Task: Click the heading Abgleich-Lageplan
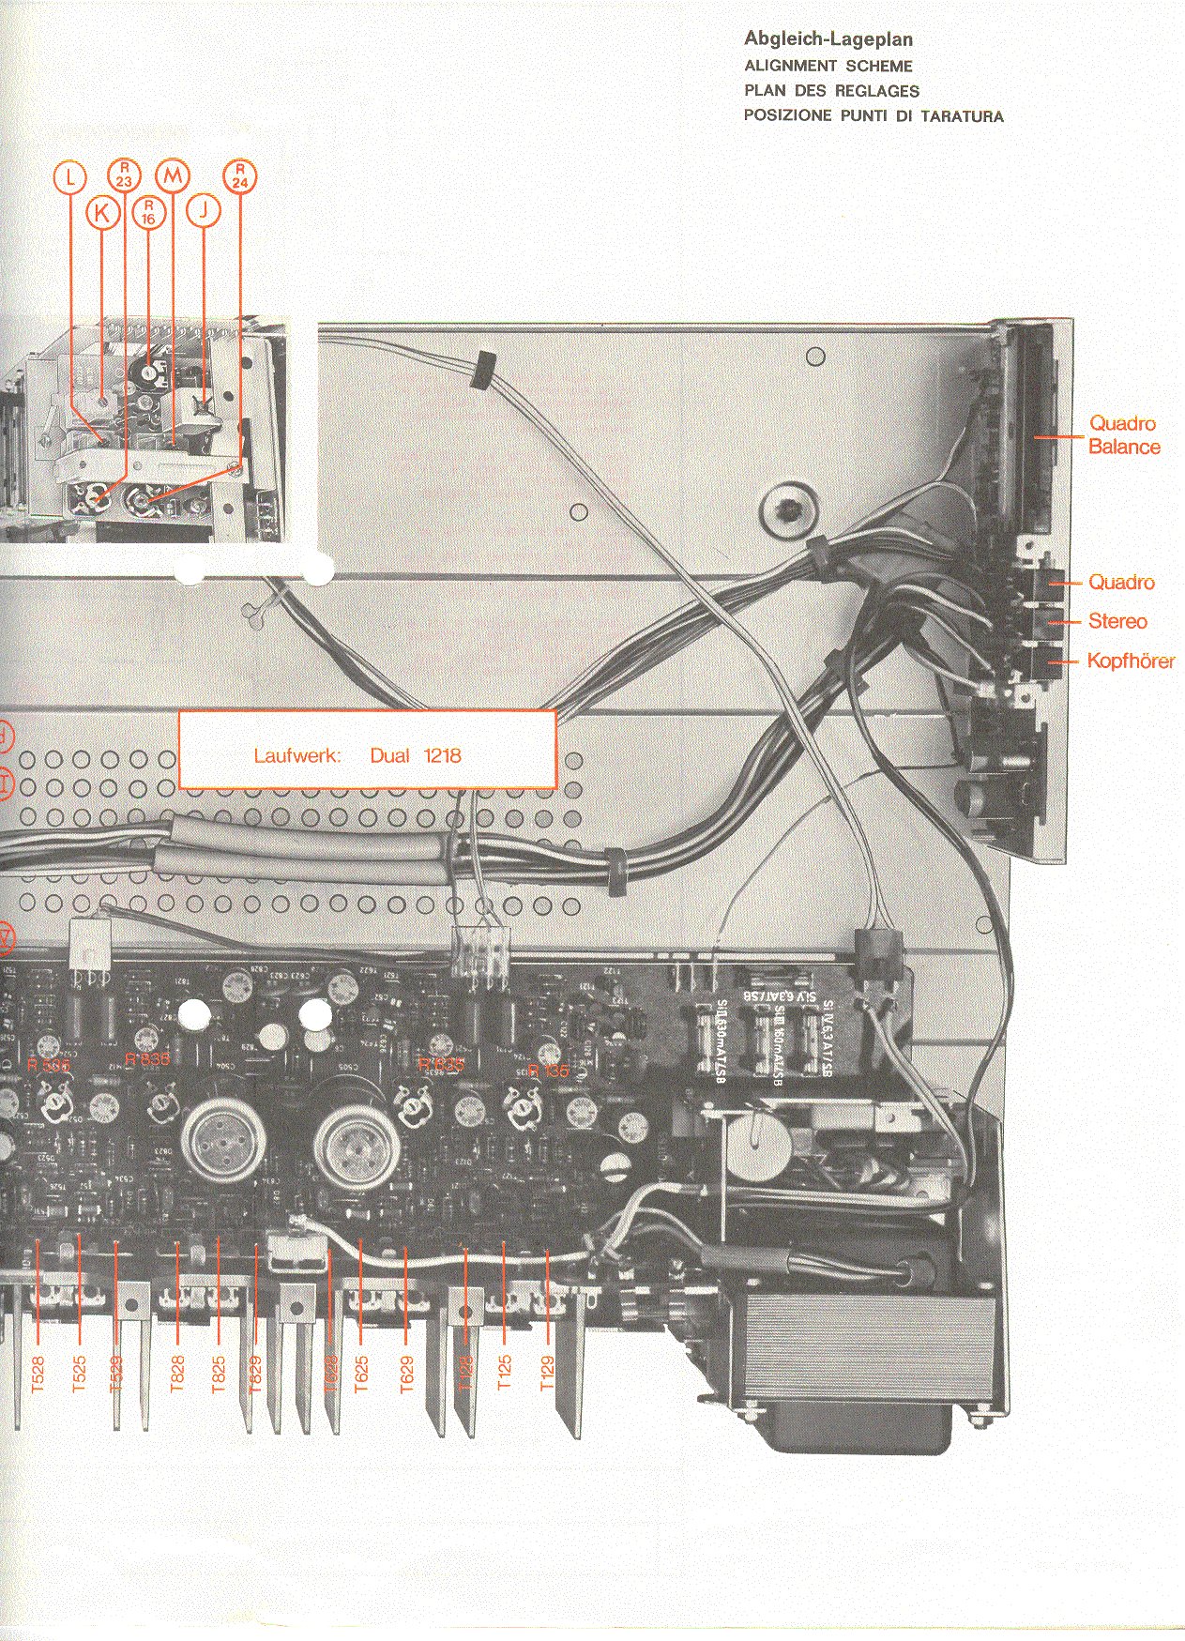(x=828, y=39)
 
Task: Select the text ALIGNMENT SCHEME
(x=828, y=66)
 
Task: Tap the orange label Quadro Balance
(x=1123, y=435)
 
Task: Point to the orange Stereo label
(x=1117, y=621)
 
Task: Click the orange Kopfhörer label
(x=1130, y=661)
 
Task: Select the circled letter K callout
(x=102, y=213)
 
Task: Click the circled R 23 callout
(x=125, y=175)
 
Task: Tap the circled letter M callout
(x=173, y=175)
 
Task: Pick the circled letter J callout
(x=204, y=210)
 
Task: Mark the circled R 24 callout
(x=240, y=176)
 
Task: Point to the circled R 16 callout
(x=148, y=212)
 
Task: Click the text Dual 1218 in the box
(x=415, y=756)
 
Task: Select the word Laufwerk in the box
(x=296, y=756)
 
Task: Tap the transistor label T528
(x=38, y=1374)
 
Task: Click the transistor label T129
(x=547, y=1374)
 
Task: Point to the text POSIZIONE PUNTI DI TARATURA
(x=873, y=116)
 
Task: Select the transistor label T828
(x=177, y=1374)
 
